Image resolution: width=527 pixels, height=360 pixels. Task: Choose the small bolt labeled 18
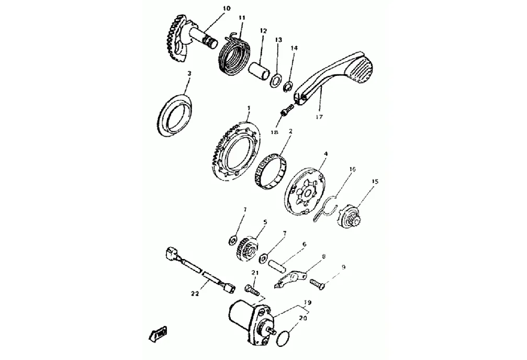[285, 111]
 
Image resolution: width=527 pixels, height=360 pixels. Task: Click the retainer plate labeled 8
[290, 277]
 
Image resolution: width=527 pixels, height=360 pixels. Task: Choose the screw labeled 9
[317, 284]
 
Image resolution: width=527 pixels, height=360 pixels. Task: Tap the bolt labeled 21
[252, 288]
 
